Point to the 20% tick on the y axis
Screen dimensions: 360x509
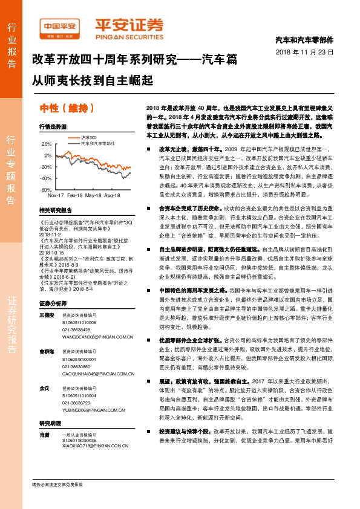[46, 144]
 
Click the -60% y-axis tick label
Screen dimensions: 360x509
[45, 190]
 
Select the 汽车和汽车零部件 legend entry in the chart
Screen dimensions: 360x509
[98, 143]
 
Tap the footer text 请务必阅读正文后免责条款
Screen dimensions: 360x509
[57, 485]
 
